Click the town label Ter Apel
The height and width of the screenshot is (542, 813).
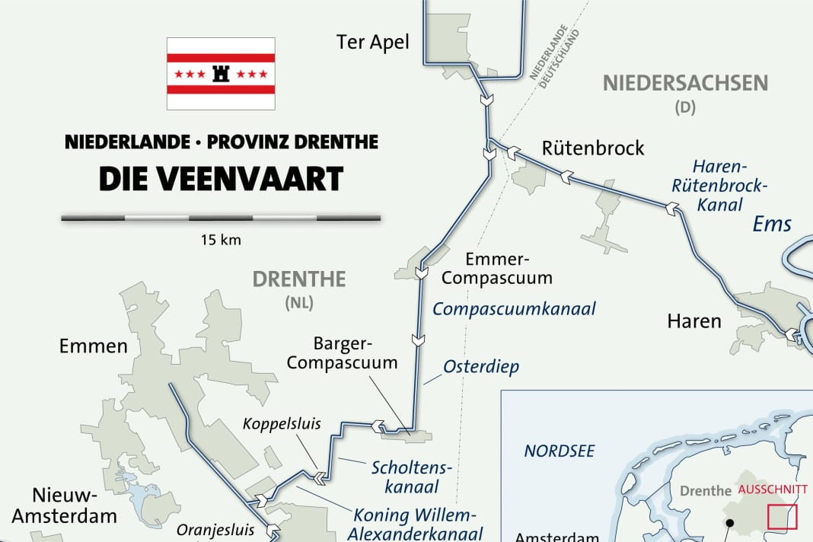point(372,42)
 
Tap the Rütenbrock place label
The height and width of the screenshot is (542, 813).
point(593,148)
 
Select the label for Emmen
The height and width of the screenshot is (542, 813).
point(93,347)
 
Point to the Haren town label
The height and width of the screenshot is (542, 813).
point(693,321)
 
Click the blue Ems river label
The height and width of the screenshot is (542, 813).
point(772,224)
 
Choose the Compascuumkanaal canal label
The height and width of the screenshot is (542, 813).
point(514,309)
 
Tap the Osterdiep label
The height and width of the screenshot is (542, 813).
point(481,367)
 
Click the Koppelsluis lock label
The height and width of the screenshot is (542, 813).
point(282,424)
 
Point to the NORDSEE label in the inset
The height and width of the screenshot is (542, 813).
point(560,451)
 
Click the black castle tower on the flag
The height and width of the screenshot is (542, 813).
point(222,73)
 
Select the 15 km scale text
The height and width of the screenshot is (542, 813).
point(221,241)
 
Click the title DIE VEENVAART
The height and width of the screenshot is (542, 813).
point(221,179)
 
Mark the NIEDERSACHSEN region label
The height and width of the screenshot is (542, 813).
point(685,83)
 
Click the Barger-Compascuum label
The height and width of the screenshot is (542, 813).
point(343,353)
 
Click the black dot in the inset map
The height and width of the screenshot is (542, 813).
point(729,523)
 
